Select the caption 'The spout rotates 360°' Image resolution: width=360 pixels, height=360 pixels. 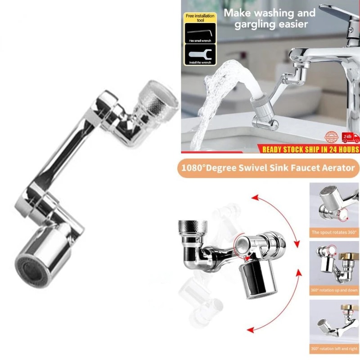(x=333, y=233)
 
